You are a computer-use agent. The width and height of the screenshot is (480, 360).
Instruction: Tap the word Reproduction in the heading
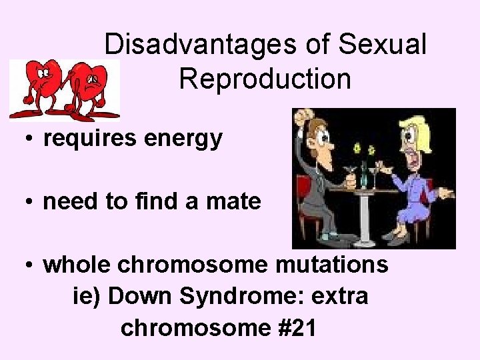point(265,79)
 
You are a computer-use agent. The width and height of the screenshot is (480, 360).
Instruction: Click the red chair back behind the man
point(303,200)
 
